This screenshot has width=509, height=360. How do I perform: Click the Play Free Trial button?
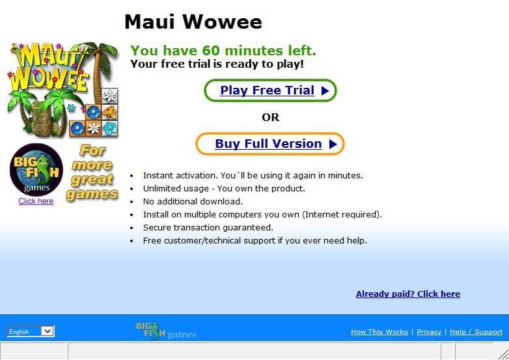coord(270,90)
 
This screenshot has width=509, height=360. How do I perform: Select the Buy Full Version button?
coord(269,144)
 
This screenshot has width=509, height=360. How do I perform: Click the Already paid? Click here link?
coord(407,294)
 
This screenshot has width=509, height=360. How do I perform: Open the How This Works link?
coord(379,332)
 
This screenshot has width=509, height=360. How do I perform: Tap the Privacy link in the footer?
coord(429,332)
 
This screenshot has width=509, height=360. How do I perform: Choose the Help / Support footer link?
coord(476,332)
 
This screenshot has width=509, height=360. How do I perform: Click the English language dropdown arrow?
coord(48,331)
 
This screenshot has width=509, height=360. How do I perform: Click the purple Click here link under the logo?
coord(36,201)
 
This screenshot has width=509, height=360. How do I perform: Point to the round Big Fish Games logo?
coord(36,169)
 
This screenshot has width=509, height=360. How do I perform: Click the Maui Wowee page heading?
coord(193,21)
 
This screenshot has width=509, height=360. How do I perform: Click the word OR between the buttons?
coord(270,117)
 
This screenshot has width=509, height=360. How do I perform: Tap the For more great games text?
coord(92,172)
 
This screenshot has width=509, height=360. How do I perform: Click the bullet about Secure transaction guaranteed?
coord(208,228)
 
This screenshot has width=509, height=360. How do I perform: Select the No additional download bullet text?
coord(193,202)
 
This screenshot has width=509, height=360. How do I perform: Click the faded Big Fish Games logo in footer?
coord(166,331)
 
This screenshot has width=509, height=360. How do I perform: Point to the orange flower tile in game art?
coord(110,113)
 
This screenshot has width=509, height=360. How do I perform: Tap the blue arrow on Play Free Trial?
coord(325,91)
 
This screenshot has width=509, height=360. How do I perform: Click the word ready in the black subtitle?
coord(245,64)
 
